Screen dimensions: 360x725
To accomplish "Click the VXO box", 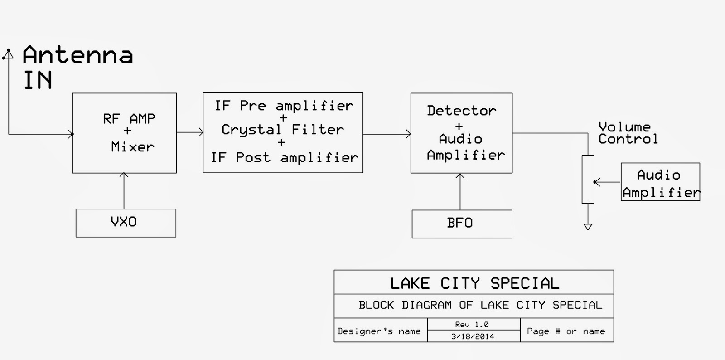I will pos(126,223).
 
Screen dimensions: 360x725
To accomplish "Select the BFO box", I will pos(462,224).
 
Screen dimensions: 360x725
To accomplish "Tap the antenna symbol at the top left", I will pos(8,54).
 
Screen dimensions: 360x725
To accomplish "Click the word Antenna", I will pos(77,55).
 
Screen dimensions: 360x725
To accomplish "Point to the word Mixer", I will pos(132,147).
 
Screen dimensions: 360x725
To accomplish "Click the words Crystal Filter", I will pos(283,130).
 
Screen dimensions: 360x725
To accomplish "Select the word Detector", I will pos(461,111).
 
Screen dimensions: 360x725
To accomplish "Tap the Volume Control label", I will pos(628,133).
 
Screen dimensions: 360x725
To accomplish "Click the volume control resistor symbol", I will pos(588,179).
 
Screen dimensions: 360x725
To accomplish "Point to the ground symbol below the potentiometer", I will pos(588,227).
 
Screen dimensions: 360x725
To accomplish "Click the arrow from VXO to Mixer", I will pos(124,190).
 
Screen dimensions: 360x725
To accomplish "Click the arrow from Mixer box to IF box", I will pos(190,132).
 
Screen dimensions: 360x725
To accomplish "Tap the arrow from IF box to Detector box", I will pos(387,134).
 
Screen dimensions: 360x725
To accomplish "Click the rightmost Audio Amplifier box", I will pos(660,182).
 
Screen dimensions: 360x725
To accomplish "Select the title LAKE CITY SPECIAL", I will pos(474,283).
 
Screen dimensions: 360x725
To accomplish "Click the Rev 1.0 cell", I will pos(472,325).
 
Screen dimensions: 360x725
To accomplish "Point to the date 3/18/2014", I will pos(473,336).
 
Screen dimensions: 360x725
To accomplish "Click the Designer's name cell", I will pos(379,331).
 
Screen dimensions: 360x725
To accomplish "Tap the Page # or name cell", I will pos(566,331).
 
